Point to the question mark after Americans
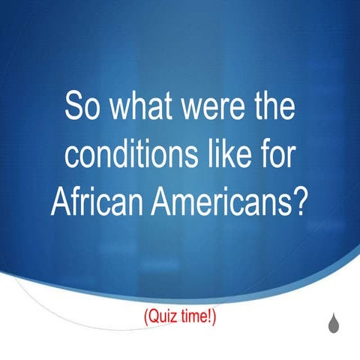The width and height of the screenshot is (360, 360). tap(301, 202)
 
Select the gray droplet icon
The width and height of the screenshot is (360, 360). tap(331, 322)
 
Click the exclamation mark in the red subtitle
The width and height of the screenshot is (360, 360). tap(211, 317)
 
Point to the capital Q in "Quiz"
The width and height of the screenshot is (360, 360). tap(152, 317)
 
